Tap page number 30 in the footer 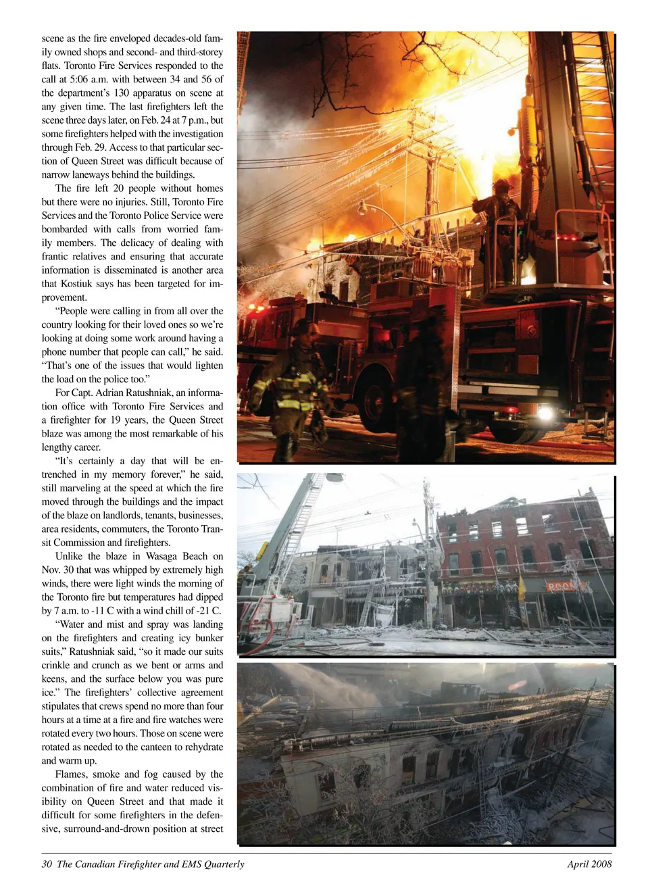click(47, 864)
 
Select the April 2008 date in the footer click(589, 864)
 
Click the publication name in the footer click(151, 864)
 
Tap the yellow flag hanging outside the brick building click(521, 585)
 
